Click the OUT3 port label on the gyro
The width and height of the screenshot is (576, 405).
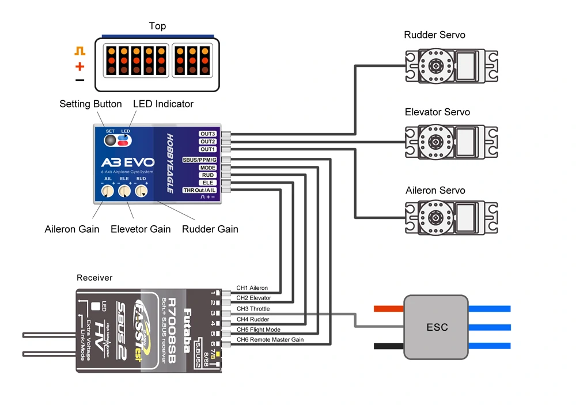tap(207, 134)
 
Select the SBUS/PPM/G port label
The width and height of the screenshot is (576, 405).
tap(199, 160)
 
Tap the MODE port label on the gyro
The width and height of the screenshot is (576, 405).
tap(207, 168)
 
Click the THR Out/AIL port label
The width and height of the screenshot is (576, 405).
tap(199, 190)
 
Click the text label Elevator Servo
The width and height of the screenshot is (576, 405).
tap(437, 112)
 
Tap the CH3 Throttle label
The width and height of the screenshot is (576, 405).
tap(253, 309)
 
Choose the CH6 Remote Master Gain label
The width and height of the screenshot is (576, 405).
tap(270, 340)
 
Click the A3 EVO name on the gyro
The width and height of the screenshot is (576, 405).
tap(127, 162)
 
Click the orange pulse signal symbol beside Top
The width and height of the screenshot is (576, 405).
tap(79, 51)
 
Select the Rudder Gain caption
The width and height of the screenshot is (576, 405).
tap(210, 229)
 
